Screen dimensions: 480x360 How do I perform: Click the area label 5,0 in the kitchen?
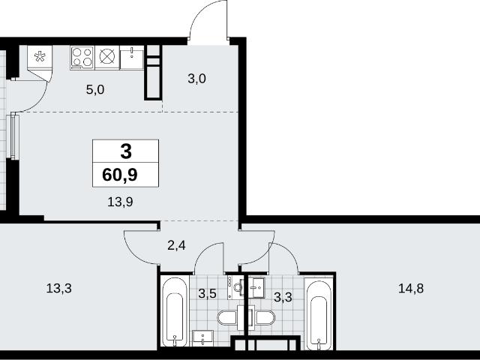[x=95, y=90]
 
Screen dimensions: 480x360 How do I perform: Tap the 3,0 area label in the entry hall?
[x=196, y=79]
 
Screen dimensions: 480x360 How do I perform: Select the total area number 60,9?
[x=120, y=175]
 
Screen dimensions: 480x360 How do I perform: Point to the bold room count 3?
[x=126, y=151]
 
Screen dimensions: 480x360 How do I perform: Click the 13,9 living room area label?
[x=120, y=202]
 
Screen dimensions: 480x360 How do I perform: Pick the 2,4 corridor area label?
[x=177, y=245]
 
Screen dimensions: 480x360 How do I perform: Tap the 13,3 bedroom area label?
[x=58, y=288]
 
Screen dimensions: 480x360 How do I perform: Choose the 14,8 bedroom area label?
[x=411, y=288]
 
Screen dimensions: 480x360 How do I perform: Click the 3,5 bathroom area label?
[x=207, y=294]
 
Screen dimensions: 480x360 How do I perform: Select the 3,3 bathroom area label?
[x=283, y=297]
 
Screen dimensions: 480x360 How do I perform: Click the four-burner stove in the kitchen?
[x=82, y=58]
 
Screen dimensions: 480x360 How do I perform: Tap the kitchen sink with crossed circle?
[x=106, y=57]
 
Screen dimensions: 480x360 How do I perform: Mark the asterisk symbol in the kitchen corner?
[x=40, y=57]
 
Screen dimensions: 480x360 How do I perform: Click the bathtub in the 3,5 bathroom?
[x=175, y=312]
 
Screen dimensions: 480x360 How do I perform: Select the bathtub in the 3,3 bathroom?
[x=319, y=314]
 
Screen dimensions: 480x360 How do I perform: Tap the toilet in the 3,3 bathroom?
[x=264, y=318]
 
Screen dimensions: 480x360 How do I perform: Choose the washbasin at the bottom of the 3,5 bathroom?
[x=203, y=338]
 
